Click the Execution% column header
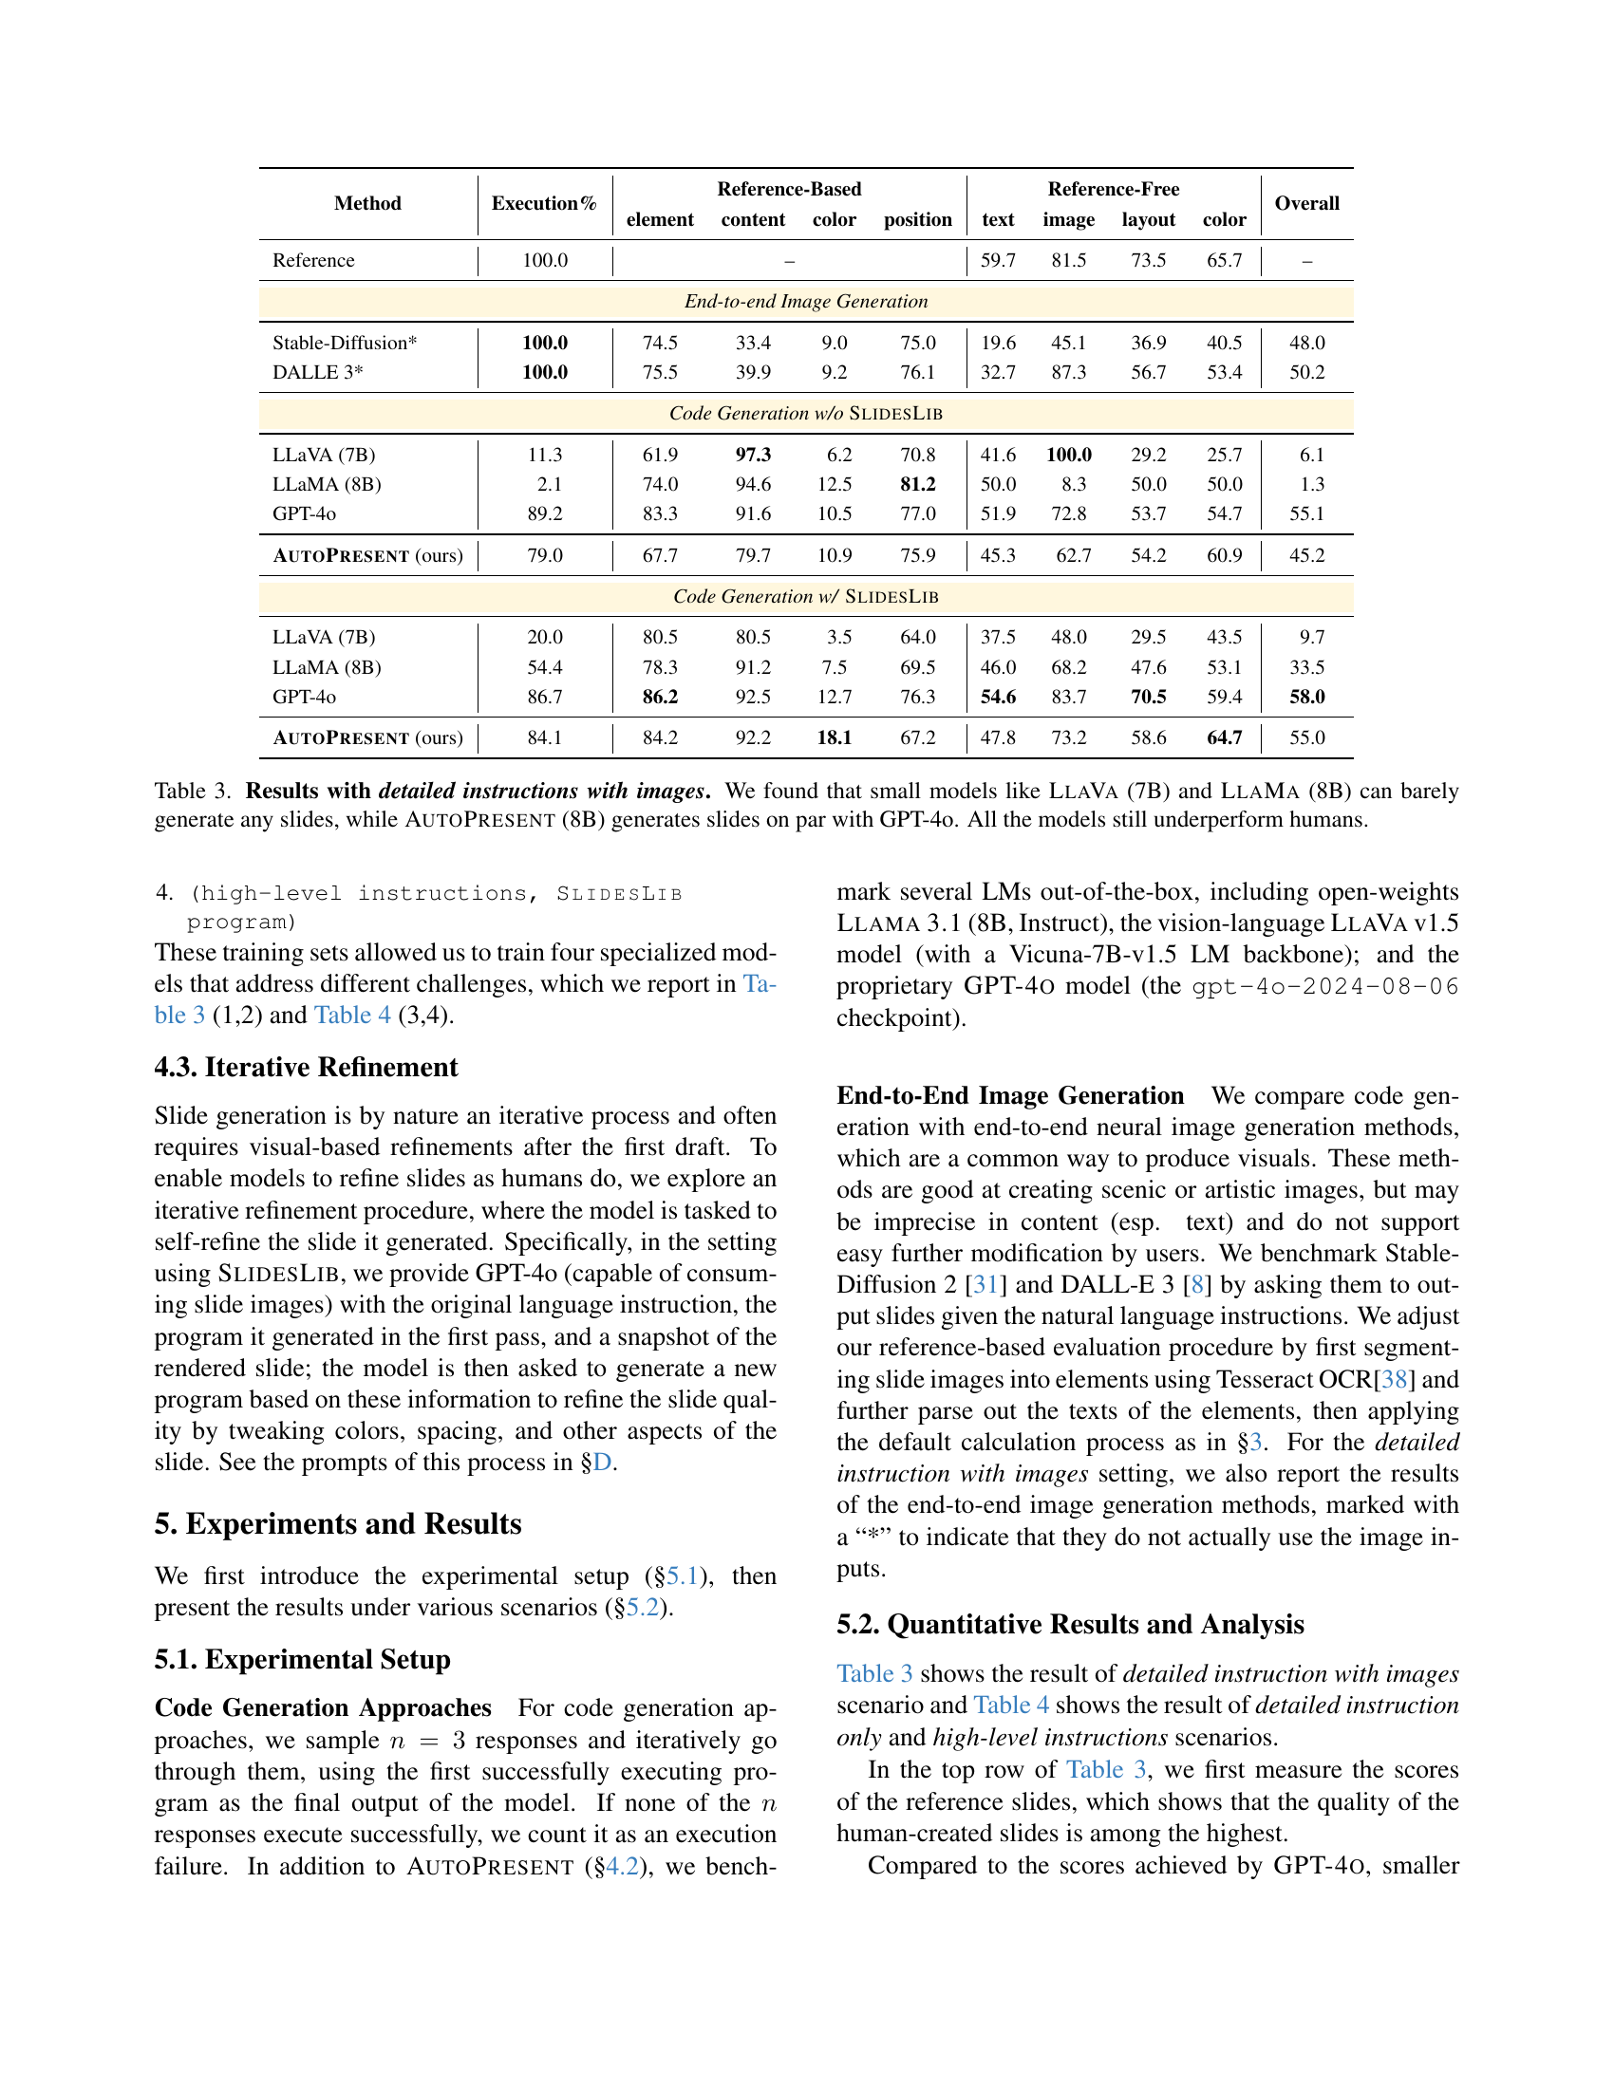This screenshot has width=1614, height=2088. [x=544, y=204]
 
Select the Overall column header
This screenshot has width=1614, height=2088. [x=1306, y=204]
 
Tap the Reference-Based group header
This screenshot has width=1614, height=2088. [x=789, y=189]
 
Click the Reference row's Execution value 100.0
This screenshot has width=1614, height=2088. [x=545, y=260]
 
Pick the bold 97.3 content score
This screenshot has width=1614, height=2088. [x=753, y=455]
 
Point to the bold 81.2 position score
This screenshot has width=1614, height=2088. [x=917, y=485]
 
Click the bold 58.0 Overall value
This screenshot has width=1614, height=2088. [x=1306, y=697]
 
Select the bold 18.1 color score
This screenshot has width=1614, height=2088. [x=834, y=738]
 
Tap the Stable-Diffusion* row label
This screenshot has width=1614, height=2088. [x=345, y=344]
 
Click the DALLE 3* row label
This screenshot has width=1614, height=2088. [x=317, y=373]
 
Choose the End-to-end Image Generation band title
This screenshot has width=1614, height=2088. [x=806, y=302]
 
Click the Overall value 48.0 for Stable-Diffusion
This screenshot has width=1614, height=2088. [x=1306, y=344]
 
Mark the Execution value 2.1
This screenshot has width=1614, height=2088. [x=549, y=485]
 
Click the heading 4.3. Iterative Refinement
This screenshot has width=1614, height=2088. [x=306, y=1068]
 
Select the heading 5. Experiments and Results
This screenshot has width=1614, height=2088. [x=338, y=1524]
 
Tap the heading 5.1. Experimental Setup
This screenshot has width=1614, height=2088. [x=302, y=1660]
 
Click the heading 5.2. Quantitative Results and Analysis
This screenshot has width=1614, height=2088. [x=1070, y=1624]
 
